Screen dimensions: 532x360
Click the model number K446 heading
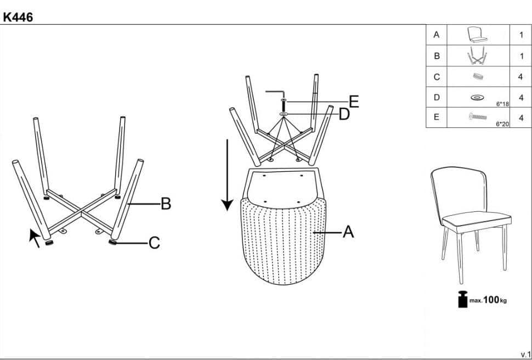click(x=18, y=18)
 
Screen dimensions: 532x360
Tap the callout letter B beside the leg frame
click(x=166, y=204)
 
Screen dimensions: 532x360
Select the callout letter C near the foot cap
click(x=154, y=243)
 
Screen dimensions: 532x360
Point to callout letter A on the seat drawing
click(x=348, y=232)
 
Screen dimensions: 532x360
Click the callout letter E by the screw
click(x=354, y=102)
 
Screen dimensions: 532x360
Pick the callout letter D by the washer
click(x=344, y=115)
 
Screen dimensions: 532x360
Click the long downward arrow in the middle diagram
click(x=227, y=175)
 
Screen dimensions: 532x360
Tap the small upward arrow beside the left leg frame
click(x=35, y=238)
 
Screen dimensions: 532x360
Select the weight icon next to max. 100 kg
click(x=462, y=299)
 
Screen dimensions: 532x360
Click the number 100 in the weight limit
click(x=491, y=300)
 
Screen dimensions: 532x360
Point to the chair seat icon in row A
click(x=477, y=35)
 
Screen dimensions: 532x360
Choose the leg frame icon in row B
click(x=477, y=55)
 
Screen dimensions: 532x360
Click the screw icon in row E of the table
click(x=477, y=117)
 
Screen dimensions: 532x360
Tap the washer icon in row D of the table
click(x=477, y=98)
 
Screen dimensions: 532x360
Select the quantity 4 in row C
click(x=520, y=77)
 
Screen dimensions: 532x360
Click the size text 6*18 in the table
click(x=502, y=104)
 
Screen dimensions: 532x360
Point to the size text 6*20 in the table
click(x=502, y=125)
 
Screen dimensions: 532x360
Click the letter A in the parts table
click(x=437, y=35)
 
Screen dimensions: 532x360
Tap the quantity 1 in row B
click(x=522, y=56)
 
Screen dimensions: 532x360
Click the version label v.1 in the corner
click(x=525, y=354)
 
